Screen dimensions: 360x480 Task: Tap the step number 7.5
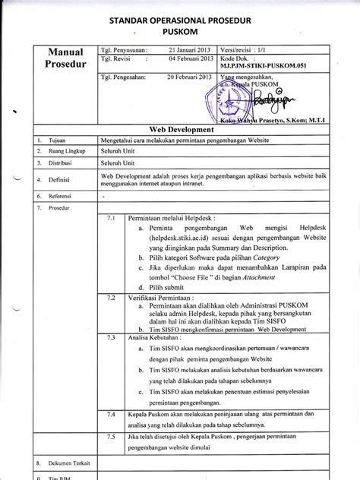pyautogui.click(x=110, y=439)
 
